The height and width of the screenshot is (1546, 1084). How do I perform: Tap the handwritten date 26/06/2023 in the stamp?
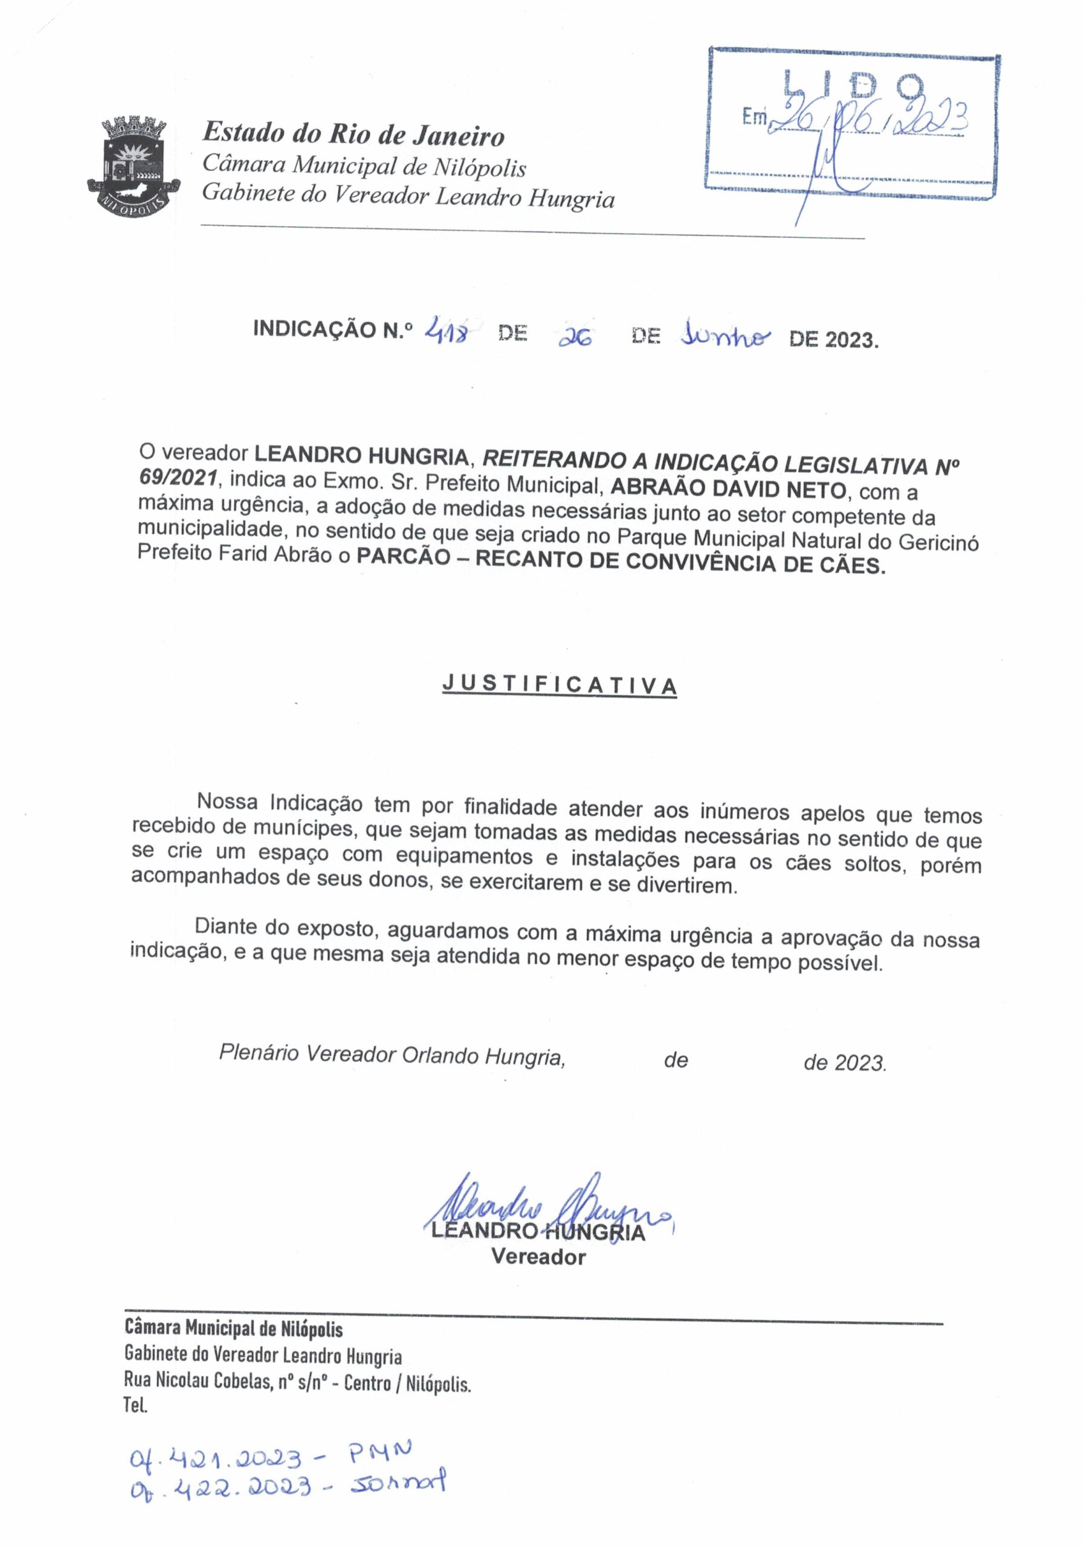(869, 119)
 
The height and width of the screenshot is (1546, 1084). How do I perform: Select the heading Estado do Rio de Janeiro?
(353, 133)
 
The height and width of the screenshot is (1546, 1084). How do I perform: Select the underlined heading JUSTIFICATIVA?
(559, 684)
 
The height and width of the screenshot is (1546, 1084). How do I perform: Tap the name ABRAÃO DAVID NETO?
(728, 488)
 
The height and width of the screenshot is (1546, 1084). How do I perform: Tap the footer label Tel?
(135, 1406)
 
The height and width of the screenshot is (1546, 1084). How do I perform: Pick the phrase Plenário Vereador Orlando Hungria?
(392, 1054)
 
